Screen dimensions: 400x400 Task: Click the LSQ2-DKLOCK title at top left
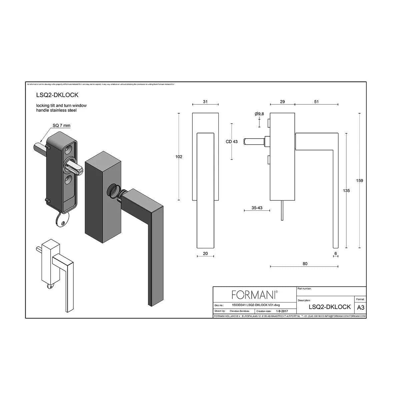click(57, 95)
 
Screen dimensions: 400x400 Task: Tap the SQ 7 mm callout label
click(61, 126)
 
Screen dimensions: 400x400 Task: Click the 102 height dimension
click(179, 157)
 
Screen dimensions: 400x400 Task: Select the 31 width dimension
click(205, 102)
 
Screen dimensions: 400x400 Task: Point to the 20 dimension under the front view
click(205, 254)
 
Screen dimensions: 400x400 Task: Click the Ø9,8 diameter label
click(259, 114)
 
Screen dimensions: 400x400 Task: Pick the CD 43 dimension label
click(232, 142)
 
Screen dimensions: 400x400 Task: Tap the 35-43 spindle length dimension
click(257, 208)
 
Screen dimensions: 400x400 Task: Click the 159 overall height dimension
click(359, 181)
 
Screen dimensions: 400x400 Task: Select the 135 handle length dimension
click(346, 191)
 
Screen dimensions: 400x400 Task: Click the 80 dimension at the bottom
click(305, 264)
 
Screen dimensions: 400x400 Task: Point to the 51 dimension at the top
click(316, 102)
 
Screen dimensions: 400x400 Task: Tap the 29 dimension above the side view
click(282, 102)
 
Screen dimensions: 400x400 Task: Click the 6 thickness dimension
click(336, 254)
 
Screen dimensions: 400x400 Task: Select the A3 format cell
click(360, 307)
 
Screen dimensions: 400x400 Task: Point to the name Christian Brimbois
click(239, 311)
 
